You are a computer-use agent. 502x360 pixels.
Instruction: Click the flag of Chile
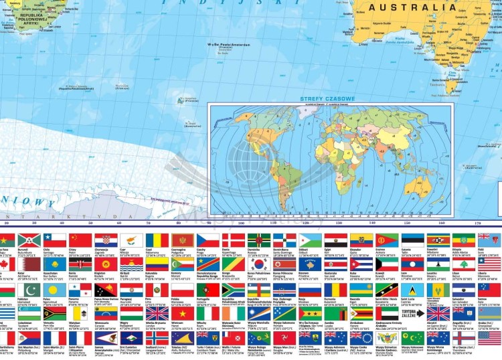[55, 240]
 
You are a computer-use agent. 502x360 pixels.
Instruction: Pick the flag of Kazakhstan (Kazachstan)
[55, 265]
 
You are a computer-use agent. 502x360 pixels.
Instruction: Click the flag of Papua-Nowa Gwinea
[106, 289]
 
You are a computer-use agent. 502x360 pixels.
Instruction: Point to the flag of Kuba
[361, 265]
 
